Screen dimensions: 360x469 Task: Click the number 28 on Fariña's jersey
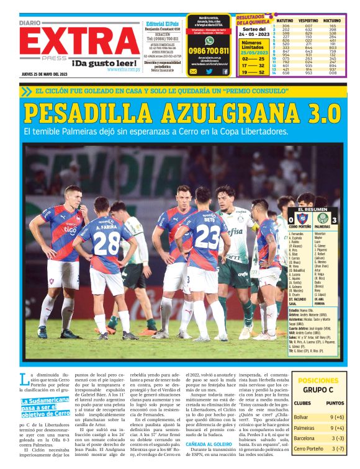(107, 244)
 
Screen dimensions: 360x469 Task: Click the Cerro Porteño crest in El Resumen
(302, 218)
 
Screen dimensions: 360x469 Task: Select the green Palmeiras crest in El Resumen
(323, 218)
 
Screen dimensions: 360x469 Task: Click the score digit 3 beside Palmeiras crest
(335, 220)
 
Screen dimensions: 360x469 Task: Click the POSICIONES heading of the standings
(318, 381)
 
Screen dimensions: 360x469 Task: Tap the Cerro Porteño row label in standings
(308, 448)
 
